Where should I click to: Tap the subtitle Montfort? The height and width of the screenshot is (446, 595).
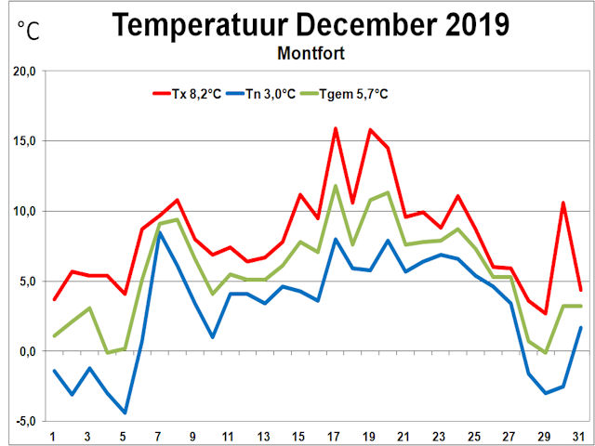coord(311,53)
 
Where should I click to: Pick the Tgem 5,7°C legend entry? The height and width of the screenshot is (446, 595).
coord(359,93)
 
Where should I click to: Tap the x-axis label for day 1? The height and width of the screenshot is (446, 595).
coord(54,438)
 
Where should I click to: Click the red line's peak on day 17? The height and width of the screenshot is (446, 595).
coord(335,128)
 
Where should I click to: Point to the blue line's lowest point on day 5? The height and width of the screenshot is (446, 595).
coord(125,413)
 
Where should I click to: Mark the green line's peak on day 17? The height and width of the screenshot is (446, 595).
coord(335,186)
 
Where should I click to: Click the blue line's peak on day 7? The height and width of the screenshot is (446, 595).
coord(160,232)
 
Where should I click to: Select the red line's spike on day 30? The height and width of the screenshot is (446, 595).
coord(563,203)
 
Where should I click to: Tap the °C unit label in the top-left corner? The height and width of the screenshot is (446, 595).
coord(29,31)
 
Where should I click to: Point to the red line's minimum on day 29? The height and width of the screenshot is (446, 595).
coord(546,313)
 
